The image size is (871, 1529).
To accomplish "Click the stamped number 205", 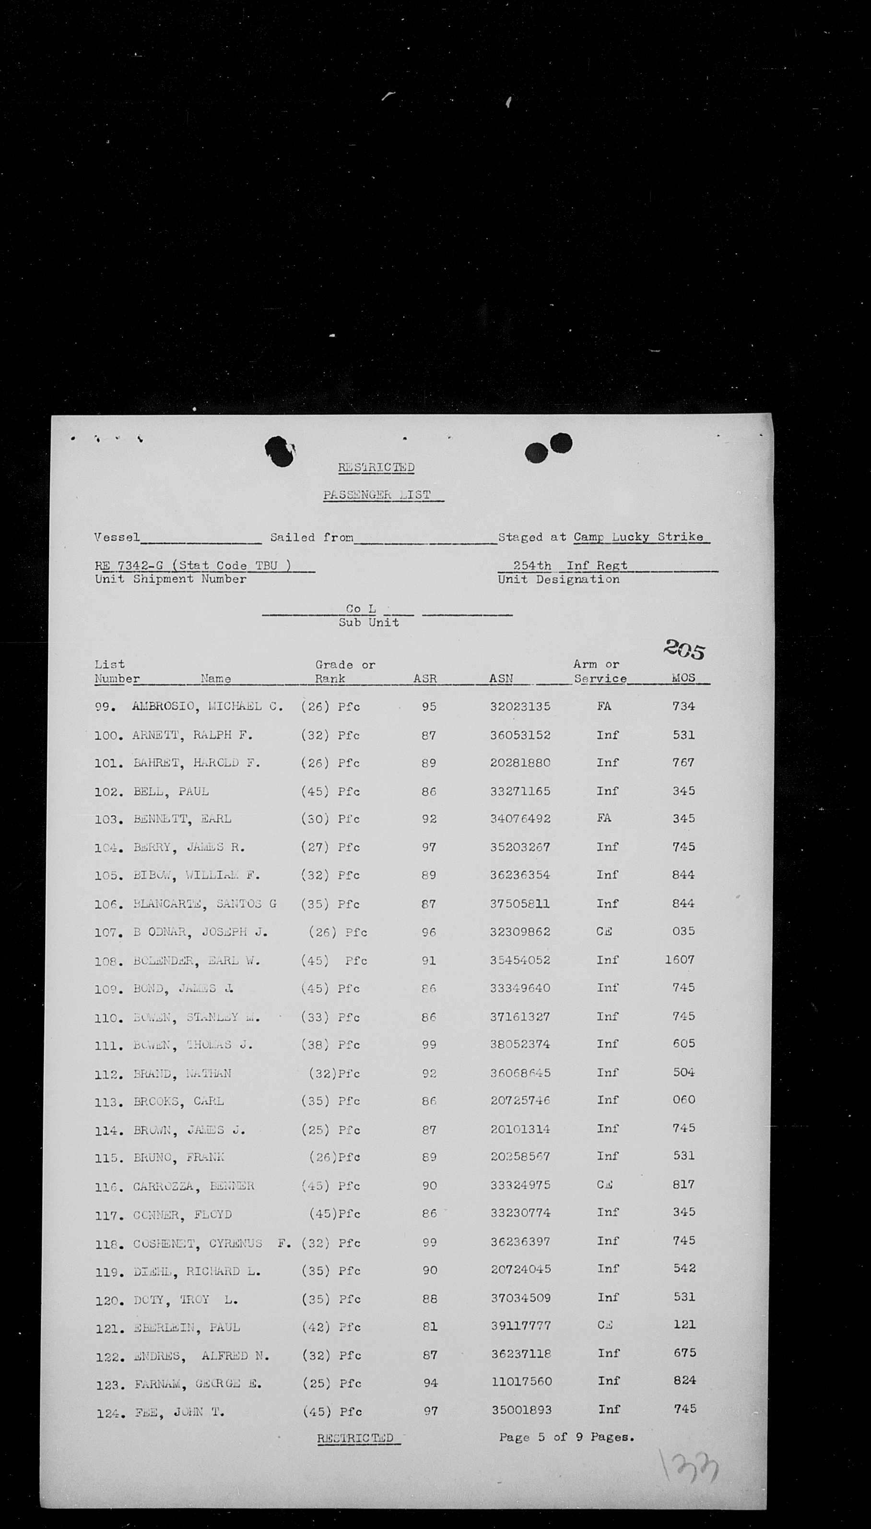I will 684,649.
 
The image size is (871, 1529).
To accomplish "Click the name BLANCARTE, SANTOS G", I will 205,904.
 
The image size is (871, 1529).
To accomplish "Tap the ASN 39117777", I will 520,1326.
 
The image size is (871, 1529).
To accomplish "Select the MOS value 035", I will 683,931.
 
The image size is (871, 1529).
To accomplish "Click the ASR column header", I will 425,679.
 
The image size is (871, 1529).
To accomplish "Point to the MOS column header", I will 683,678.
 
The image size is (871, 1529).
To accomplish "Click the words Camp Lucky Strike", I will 638,537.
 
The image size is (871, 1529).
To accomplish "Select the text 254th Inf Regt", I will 570,565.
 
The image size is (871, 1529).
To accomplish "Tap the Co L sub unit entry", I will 361,609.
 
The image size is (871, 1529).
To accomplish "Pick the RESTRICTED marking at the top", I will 377,467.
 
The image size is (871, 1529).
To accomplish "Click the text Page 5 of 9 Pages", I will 566,1437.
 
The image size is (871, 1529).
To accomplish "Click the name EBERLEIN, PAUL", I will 187,1327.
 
